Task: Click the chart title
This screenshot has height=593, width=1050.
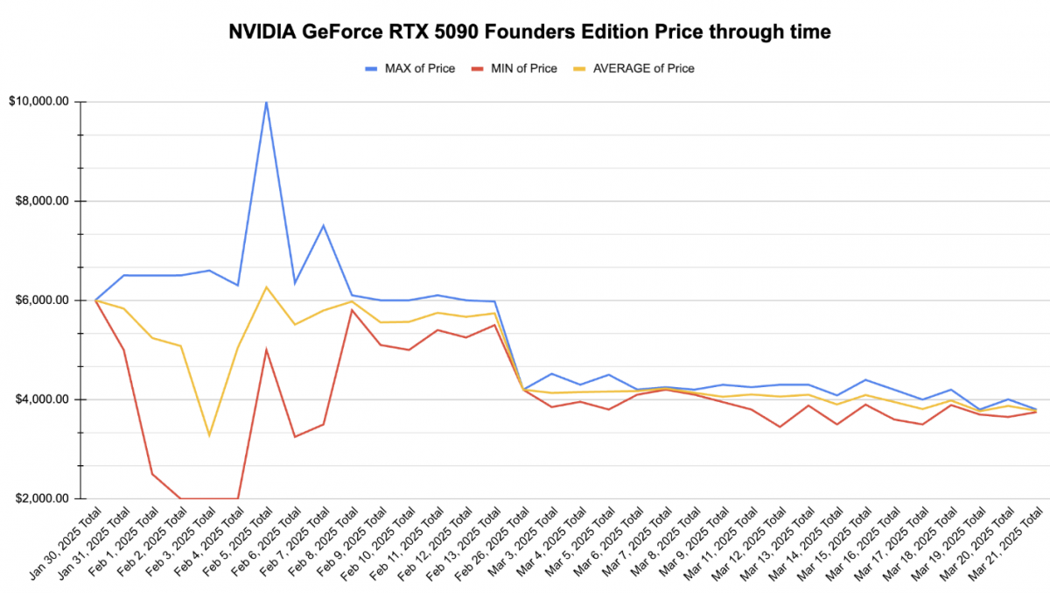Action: click(529, 32)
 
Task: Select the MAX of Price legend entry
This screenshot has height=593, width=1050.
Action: click(410, 68)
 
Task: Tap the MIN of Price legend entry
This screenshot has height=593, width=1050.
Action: click(514, 68)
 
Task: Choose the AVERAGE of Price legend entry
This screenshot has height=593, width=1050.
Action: click(633, 68)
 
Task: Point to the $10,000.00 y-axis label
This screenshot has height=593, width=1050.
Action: click(38, 102)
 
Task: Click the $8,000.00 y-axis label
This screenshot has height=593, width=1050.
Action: click(42, 201)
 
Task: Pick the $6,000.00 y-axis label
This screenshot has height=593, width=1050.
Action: click(42, 300)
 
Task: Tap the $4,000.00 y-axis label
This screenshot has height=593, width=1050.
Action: click(42, 399)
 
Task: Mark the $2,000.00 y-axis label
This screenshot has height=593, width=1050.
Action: click(42, 498)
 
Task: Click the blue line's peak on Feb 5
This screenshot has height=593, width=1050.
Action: click(266, 102)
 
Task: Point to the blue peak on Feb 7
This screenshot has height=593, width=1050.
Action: click(323, 226)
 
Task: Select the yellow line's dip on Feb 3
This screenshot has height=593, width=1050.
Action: click(209, 435)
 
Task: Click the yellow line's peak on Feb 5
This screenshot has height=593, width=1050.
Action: click(266, 287)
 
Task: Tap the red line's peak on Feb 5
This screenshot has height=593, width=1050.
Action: click(266, 350)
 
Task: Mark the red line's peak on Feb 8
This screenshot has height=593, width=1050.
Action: click(352, 310)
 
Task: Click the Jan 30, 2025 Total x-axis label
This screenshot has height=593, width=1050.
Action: click(65, 543)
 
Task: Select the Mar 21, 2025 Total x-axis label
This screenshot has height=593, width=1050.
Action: click(1005, 543)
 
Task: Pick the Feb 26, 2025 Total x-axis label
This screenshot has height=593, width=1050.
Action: click(493, 543)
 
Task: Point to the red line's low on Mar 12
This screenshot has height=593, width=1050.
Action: click(780, 427)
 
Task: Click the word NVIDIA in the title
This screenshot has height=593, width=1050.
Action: click(262, 32)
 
